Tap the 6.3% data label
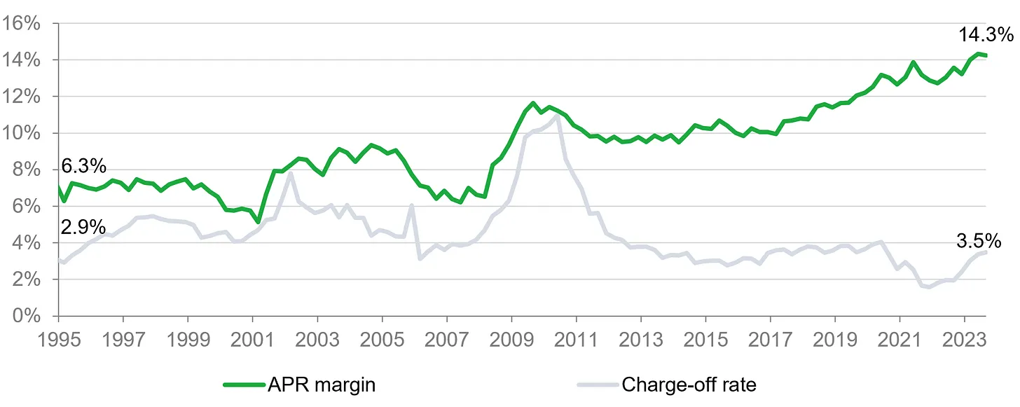coord(83,167)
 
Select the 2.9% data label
coord(83,227)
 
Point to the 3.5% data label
coord(979,242)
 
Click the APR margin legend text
coord(322,385)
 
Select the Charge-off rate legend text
coord(689,385)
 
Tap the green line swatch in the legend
coord(243,385)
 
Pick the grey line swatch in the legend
coord(596,385)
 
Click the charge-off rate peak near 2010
coord(556,117)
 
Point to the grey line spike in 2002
coord(290,174)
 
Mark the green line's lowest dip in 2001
coord(259,221)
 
